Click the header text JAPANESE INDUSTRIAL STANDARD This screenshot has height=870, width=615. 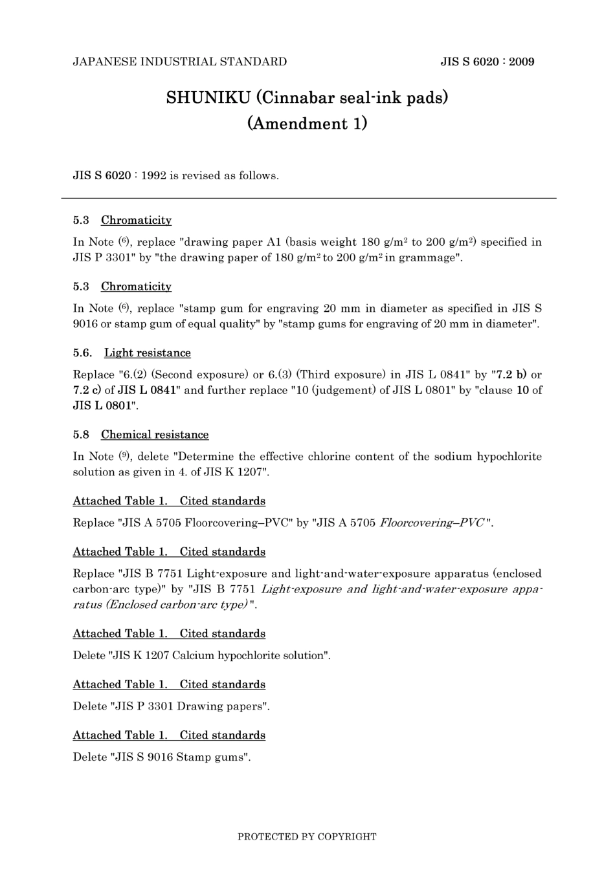click(179, 62)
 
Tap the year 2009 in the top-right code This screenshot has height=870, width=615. click(521, 62)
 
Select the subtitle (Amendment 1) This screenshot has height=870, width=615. click(307, 123)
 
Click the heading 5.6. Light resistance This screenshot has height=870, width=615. click(132, 353)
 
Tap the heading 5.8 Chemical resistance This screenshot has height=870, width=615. click(140, 435)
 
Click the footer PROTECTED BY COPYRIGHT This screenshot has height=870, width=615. click(307, 837)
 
